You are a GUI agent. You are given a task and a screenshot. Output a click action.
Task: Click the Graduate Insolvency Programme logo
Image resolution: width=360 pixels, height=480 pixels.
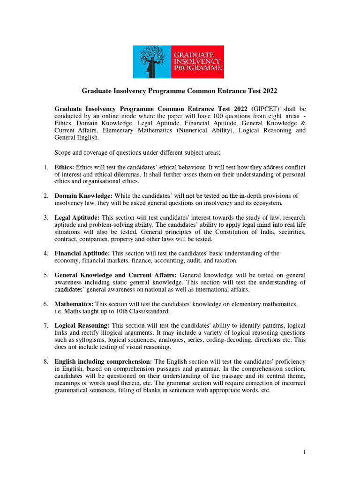(x=179, y=61)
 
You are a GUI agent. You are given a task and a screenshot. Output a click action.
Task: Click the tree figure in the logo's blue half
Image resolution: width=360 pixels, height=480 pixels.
(x=153, y=61)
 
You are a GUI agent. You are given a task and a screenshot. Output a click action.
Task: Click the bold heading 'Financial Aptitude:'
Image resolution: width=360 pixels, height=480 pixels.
(x=82, y=254)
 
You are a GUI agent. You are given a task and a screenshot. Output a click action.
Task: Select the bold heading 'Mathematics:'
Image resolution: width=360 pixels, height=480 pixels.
(x=74, y=304)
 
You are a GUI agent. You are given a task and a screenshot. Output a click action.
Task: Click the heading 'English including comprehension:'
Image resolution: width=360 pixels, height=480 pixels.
(x=103, y=361)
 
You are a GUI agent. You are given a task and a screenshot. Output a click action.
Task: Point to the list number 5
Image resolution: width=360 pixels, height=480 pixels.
(x=46, y=275)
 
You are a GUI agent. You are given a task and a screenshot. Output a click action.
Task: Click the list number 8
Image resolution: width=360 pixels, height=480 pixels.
(x=46, y=361)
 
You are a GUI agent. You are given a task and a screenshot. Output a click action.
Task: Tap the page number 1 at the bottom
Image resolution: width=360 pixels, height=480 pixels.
(x=304, y=452)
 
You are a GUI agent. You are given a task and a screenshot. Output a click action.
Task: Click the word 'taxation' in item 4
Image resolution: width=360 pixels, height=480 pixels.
(x=225, y=261)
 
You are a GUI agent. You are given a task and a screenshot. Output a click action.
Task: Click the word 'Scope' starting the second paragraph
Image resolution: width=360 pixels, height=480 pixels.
(x=63, y=152)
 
